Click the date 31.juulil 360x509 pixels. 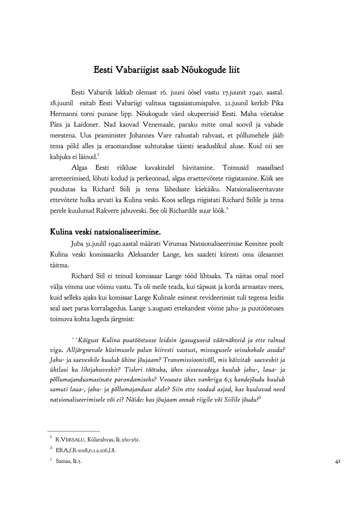tap(100, 243)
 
